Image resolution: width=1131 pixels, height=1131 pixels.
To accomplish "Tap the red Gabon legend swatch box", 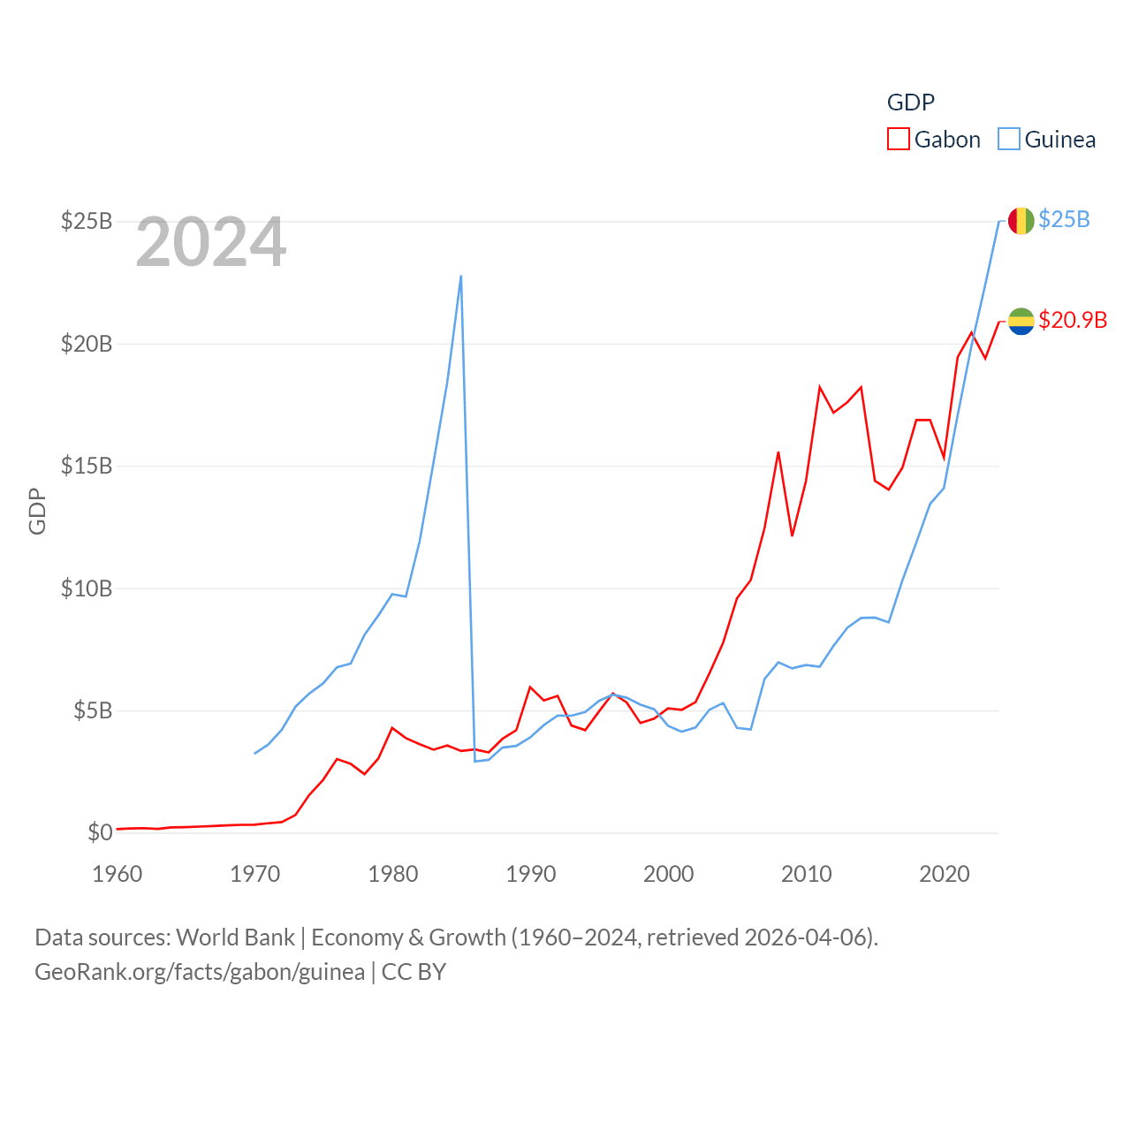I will click(899, 140).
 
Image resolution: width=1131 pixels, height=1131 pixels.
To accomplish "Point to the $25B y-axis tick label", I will click(87, 221).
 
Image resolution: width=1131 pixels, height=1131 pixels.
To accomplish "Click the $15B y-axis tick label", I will click(87, 466).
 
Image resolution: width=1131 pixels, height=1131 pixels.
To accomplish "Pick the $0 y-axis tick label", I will click(100, 832).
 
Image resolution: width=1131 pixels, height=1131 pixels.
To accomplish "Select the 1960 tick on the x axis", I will click(118, 874).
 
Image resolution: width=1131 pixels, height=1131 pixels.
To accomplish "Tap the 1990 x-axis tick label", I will click(531, 874).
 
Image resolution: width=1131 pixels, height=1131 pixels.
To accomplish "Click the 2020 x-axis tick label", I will click(945, 874).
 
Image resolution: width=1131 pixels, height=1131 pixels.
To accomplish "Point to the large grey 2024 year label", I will click(211, 242).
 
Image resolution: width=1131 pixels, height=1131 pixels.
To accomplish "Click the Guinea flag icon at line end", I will click(1021, 221).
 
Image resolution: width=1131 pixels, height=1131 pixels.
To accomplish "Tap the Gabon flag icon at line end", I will click(1021, 322).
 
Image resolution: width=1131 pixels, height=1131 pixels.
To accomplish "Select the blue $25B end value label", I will click(1064, 219).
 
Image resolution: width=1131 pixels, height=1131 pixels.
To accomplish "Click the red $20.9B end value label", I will click(1073, 320).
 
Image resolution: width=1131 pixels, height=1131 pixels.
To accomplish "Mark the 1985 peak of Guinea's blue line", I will click(461, 277).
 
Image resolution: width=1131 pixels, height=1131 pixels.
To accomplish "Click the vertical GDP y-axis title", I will click(37, 512).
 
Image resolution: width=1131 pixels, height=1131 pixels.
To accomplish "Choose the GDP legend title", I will click(910, 102).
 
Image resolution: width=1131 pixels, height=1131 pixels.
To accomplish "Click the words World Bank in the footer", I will click(235, 937).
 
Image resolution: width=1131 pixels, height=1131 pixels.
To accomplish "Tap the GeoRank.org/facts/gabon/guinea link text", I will click(200, 972).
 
